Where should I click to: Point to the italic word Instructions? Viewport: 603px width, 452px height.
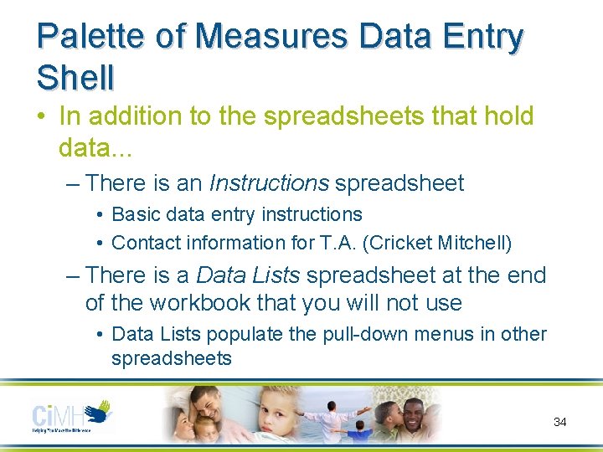[269, 182]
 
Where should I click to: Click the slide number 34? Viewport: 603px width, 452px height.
[560, 422]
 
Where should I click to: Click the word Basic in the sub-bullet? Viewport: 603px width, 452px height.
[137, 214]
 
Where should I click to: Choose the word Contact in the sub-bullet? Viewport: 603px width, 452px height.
[144, 243]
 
